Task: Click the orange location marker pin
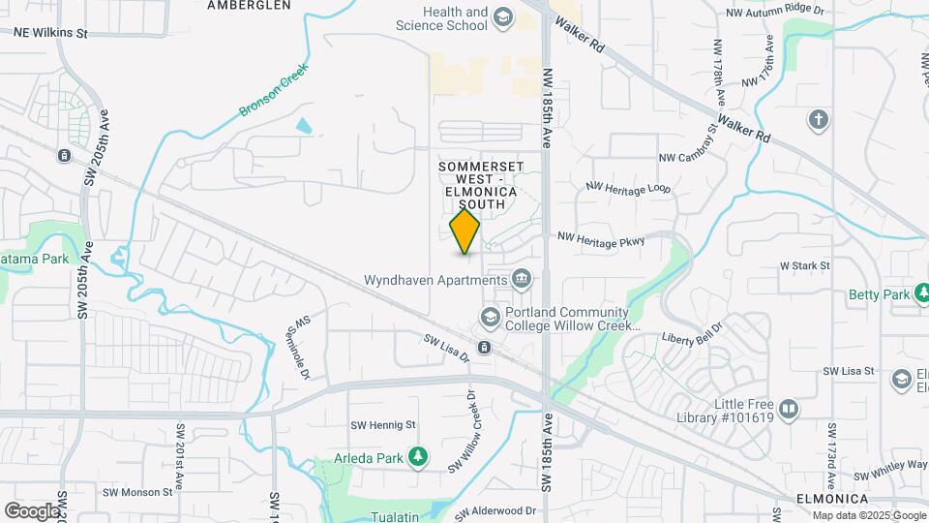click(465, 231)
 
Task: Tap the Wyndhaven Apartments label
click(435, 281)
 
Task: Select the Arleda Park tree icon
click(418, 455)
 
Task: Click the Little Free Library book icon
click(789, 410)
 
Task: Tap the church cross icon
click(818, 120)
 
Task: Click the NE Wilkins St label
click(50, 32)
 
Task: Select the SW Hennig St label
click(382, 424)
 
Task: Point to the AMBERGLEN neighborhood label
click(249, 5)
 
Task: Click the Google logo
click(32, 510)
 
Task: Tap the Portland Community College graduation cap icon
click(491, 317)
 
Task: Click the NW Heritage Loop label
click(628, 189)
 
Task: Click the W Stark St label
click(805, 265)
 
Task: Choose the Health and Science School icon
click(503, 16)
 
